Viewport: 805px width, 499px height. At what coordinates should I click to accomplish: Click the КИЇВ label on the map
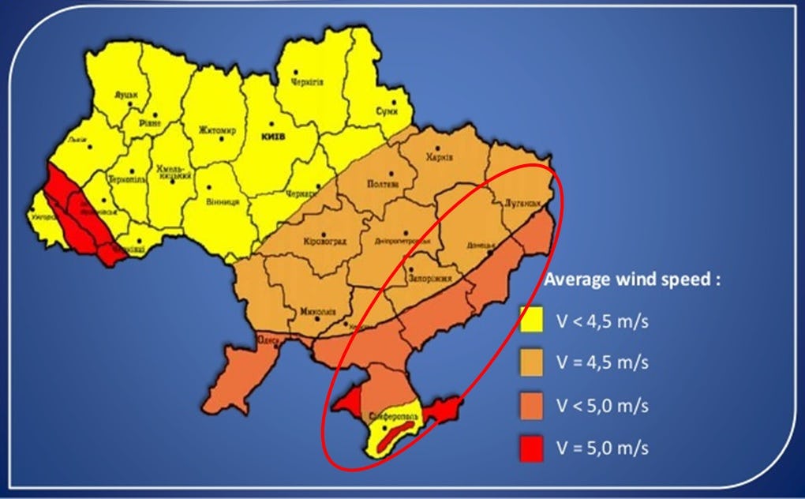(273, 136)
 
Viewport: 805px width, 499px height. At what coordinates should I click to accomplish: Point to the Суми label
(386, 111)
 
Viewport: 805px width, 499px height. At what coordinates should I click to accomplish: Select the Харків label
(440, 156)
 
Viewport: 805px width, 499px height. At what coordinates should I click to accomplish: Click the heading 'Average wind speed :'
(632, 280)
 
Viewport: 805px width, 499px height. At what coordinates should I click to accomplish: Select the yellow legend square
(534, 322)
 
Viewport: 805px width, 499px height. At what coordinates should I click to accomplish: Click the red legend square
(534, 448)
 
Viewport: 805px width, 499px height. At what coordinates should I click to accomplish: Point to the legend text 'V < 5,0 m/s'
(602, 406)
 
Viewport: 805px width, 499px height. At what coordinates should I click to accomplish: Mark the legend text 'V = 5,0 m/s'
(602, 448)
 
